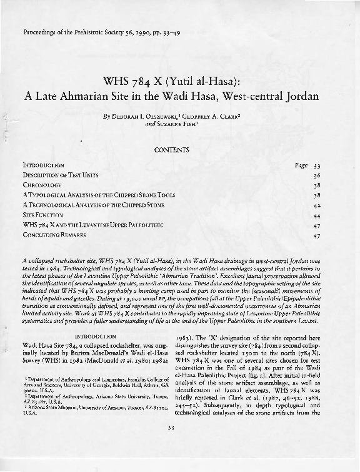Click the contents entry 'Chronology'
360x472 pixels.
point(42,186)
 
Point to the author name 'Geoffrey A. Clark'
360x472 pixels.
point(212,116)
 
